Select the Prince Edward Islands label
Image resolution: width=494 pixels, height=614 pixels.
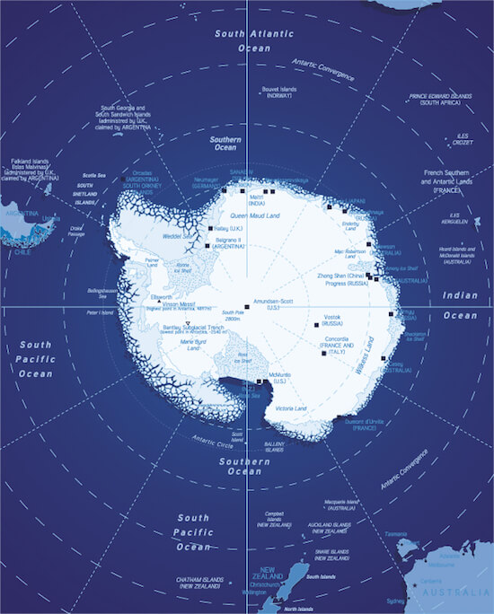(x=440, y=99)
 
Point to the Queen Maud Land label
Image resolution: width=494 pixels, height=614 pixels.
(x=256, y=216)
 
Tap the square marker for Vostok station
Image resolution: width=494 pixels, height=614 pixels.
(x=315, y=324)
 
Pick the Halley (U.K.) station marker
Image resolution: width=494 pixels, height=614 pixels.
(x=210, y=229)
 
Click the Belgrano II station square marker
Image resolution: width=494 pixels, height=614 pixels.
(x=207, y=244)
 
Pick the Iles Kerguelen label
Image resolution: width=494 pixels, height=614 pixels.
(x=456, y=218)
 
